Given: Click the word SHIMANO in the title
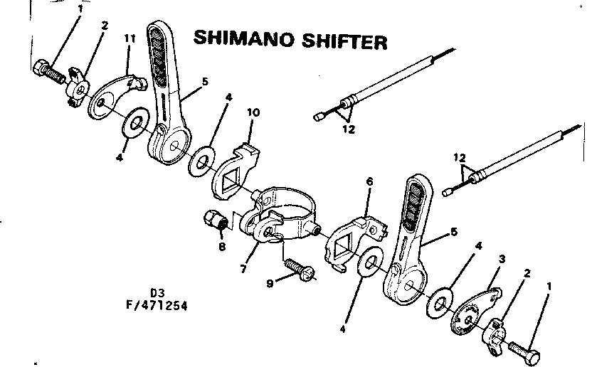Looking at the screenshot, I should (241, 40).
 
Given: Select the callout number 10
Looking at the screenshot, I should (254, 113).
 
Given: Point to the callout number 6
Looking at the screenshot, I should (369, 182).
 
